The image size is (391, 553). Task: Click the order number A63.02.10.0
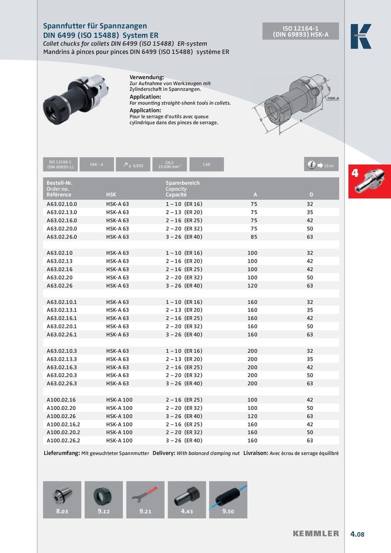(x=62, y=204)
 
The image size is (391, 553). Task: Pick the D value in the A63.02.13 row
(x=310, y=261)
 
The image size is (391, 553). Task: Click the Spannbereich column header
(x=183, y=183)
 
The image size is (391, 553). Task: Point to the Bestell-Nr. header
(x=60, y=183)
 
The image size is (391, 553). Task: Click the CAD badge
(x=206, y=165)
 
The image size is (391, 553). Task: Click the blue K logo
(x=361, y=36)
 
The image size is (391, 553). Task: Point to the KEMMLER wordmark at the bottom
(x=316, y=533)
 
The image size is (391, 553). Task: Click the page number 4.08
(x=357, y=534)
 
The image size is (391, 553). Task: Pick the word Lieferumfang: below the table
(x=62, y=453)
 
